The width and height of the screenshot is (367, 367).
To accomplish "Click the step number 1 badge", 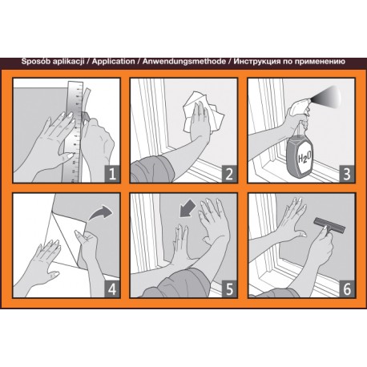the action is [112, 174].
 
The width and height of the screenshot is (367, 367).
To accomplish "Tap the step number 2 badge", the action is [229, 174].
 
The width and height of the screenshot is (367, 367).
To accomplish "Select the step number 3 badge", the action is [347, 174].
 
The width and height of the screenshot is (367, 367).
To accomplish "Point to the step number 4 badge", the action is [112, 289].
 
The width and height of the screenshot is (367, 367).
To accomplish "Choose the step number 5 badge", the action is [229, 289].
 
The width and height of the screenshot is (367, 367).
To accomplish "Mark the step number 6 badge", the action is [347, 289].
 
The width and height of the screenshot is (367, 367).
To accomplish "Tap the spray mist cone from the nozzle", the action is [327, 97].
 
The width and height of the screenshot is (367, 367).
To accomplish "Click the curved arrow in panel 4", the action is [100, 213].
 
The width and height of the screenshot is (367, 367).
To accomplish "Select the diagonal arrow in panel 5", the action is [187, 209].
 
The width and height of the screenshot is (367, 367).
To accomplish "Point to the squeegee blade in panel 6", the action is [329, 224].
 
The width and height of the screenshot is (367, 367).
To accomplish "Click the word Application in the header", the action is [114, 62].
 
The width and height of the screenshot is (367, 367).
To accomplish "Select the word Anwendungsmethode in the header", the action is [184, 62].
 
